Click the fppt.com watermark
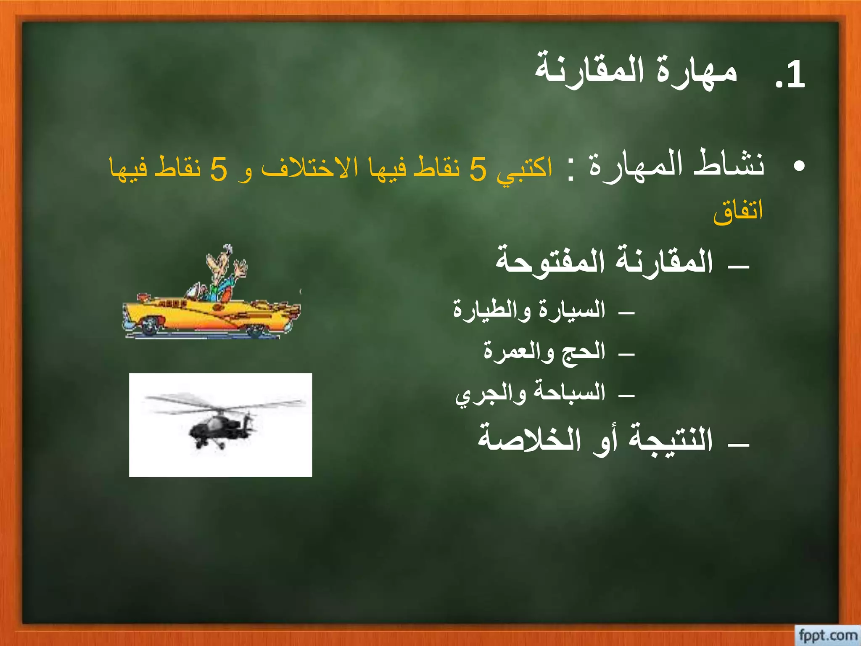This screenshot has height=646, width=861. point(827,635)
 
